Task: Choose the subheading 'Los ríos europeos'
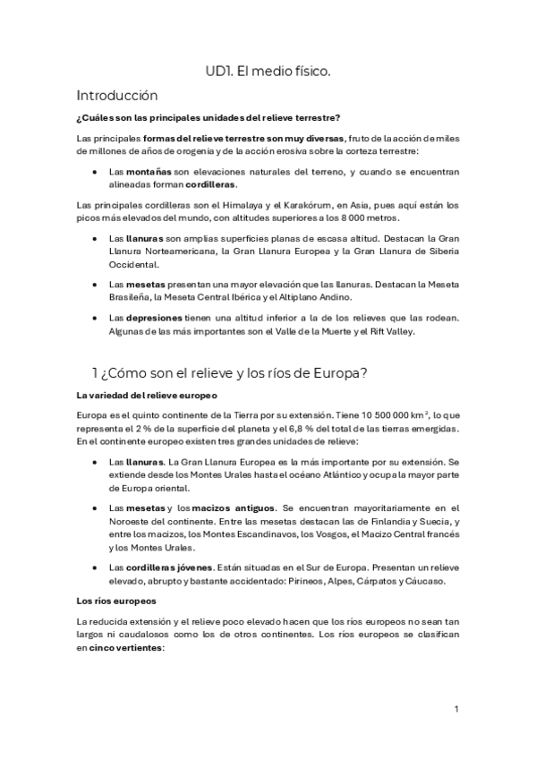click(105, 601)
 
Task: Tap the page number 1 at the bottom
click(456, 710)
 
